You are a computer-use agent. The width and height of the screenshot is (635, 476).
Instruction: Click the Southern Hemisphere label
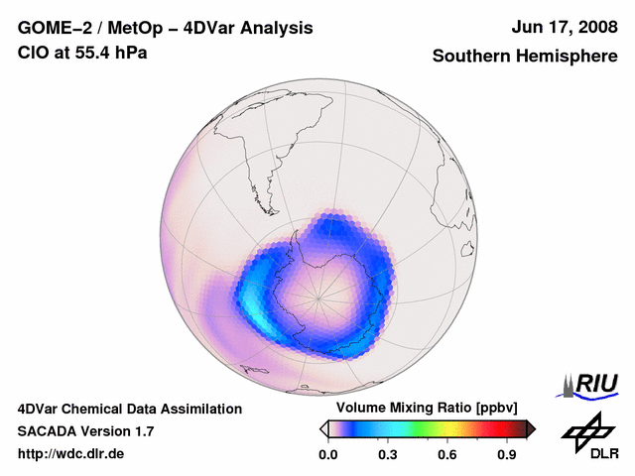525,57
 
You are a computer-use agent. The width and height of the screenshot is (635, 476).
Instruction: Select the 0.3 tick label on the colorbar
388,454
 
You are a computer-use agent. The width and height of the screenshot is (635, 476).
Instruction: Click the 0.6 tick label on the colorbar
448,454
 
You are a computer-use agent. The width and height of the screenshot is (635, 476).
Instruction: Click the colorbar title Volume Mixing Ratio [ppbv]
423,409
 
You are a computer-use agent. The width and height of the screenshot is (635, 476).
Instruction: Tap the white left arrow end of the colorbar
323,428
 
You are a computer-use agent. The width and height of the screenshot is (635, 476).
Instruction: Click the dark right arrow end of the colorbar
530,428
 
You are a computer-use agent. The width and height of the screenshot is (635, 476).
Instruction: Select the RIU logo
589,384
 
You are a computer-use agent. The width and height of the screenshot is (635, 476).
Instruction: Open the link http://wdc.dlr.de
71,454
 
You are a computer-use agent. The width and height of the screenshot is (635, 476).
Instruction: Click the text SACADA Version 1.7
85,431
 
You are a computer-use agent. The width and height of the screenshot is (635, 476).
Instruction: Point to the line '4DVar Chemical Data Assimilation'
129,409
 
